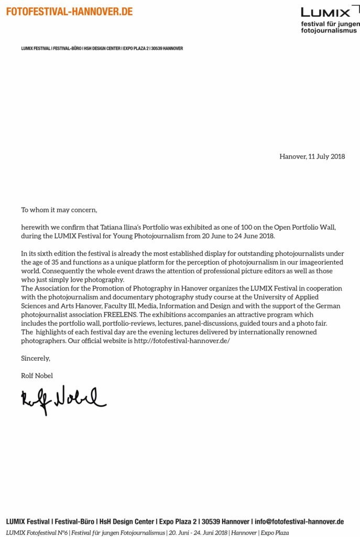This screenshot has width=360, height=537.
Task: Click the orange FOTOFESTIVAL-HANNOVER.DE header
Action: (69, 11)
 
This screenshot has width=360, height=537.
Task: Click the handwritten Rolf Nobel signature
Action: (63, 401)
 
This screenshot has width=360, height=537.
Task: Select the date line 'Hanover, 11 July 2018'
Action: (312, 156)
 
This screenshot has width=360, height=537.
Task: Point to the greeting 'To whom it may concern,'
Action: (59, 210)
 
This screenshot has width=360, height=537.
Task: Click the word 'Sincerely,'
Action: (36, 358)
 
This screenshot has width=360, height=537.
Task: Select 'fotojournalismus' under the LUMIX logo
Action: (328, 31)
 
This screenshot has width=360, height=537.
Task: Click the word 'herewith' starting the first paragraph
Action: (35, 228)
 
